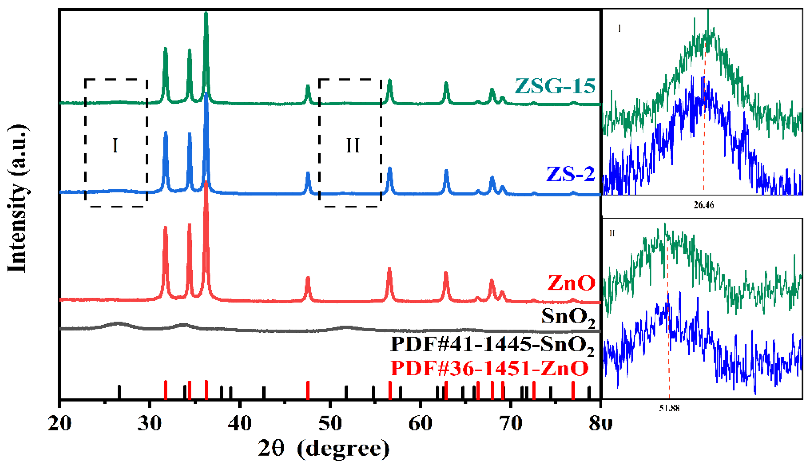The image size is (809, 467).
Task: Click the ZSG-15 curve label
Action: tap(555, 86)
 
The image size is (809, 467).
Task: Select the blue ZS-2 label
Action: tap(570, 175)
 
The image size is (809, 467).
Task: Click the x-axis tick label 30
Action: tap(149, 424)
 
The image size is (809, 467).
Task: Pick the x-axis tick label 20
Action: tap(60, 424)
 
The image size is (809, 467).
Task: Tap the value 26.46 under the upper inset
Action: tap(703, 205)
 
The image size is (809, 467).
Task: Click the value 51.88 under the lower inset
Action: tap(669, 408)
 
